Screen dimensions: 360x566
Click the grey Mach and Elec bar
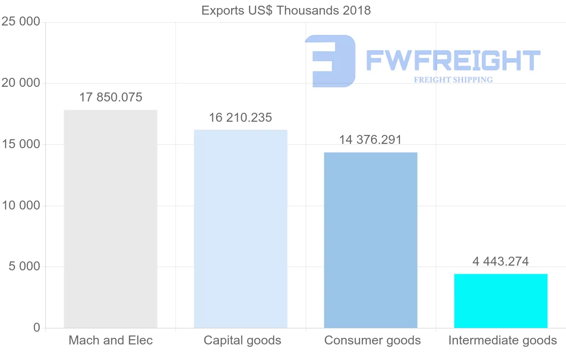point(110,219)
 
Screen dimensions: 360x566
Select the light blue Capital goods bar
point(241,229)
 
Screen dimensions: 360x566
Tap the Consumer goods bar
point(371,240)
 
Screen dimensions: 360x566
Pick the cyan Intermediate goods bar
point(501,301)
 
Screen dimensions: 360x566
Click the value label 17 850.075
point(111,98)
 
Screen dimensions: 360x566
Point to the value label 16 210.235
point(241,117)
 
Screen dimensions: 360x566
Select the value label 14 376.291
point(370,140)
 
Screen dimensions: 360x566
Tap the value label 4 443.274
point(500,261)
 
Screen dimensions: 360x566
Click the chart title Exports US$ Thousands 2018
point(286,10)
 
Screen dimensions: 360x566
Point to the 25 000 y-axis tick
point(21,22)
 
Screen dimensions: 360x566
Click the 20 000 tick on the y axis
point(21,84)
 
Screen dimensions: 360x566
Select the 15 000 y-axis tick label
point(21,144)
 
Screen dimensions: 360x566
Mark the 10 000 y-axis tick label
point(21,206)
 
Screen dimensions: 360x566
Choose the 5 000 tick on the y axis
point(24,267)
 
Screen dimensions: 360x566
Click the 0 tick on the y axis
point(37,328)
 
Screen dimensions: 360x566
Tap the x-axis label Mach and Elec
point(111,340)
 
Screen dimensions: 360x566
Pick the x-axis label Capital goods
point(242,340)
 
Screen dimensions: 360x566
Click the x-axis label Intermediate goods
point(503,340)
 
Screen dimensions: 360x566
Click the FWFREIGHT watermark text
point(453,60)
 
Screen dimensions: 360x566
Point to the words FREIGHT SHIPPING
point(453,80)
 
